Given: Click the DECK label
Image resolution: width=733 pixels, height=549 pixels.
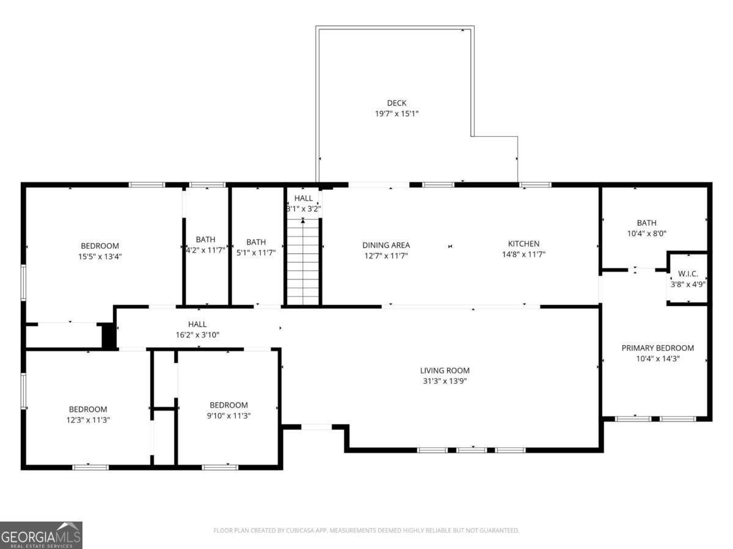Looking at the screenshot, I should click(396, 103).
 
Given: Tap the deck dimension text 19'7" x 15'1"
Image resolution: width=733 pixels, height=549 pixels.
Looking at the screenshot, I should click(396, 113).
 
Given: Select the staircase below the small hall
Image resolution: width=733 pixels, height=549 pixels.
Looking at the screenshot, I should click(303, 262).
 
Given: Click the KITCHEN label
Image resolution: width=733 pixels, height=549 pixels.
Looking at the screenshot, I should click(523, 244).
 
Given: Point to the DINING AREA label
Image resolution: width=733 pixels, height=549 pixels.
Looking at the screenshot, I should click(386, 245).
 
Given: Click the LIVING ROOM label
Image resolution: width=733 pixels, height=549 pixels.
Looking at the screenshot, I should click(445, 370).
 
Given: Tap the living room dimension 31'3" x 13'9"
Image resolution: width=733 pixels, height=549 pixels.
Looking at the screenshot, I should click(445, 381).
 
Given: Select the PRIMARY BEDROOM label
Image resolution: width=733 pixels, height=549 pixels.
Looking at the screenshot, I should click(657, 348).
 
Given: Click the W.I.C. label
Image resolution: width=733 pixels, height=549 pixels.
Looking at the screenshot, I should click(688, 274).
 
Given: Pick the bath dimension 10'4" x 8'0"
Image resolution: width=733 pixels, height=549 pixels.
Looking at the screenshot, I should click(646, 234).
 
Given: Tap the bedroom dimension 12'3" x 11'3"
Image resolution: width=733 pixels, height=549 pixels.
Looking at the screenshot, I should click(88, 420).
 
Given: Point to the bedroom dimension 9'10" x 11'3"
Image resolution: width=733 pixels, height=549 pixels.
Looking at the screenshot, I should click(229, 415).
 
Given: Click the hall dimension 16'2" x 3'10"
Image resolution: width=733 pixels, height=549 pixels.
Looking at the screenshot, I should click(197, 334).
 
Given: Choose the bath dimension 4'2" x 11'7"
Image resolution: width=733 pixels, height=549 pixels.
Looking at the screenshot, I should click(206, 250).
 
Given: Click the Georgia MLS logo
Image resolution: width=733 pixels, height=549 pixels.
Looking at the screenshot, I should click(41, 535).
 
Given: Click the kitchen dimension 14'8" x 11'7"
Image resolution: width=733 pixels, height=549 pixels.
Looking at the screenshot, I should click(523, 254).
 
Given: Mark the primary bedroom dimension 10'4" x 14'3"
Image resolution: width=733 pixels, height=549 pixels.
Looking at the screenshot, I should click(657, 359).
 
